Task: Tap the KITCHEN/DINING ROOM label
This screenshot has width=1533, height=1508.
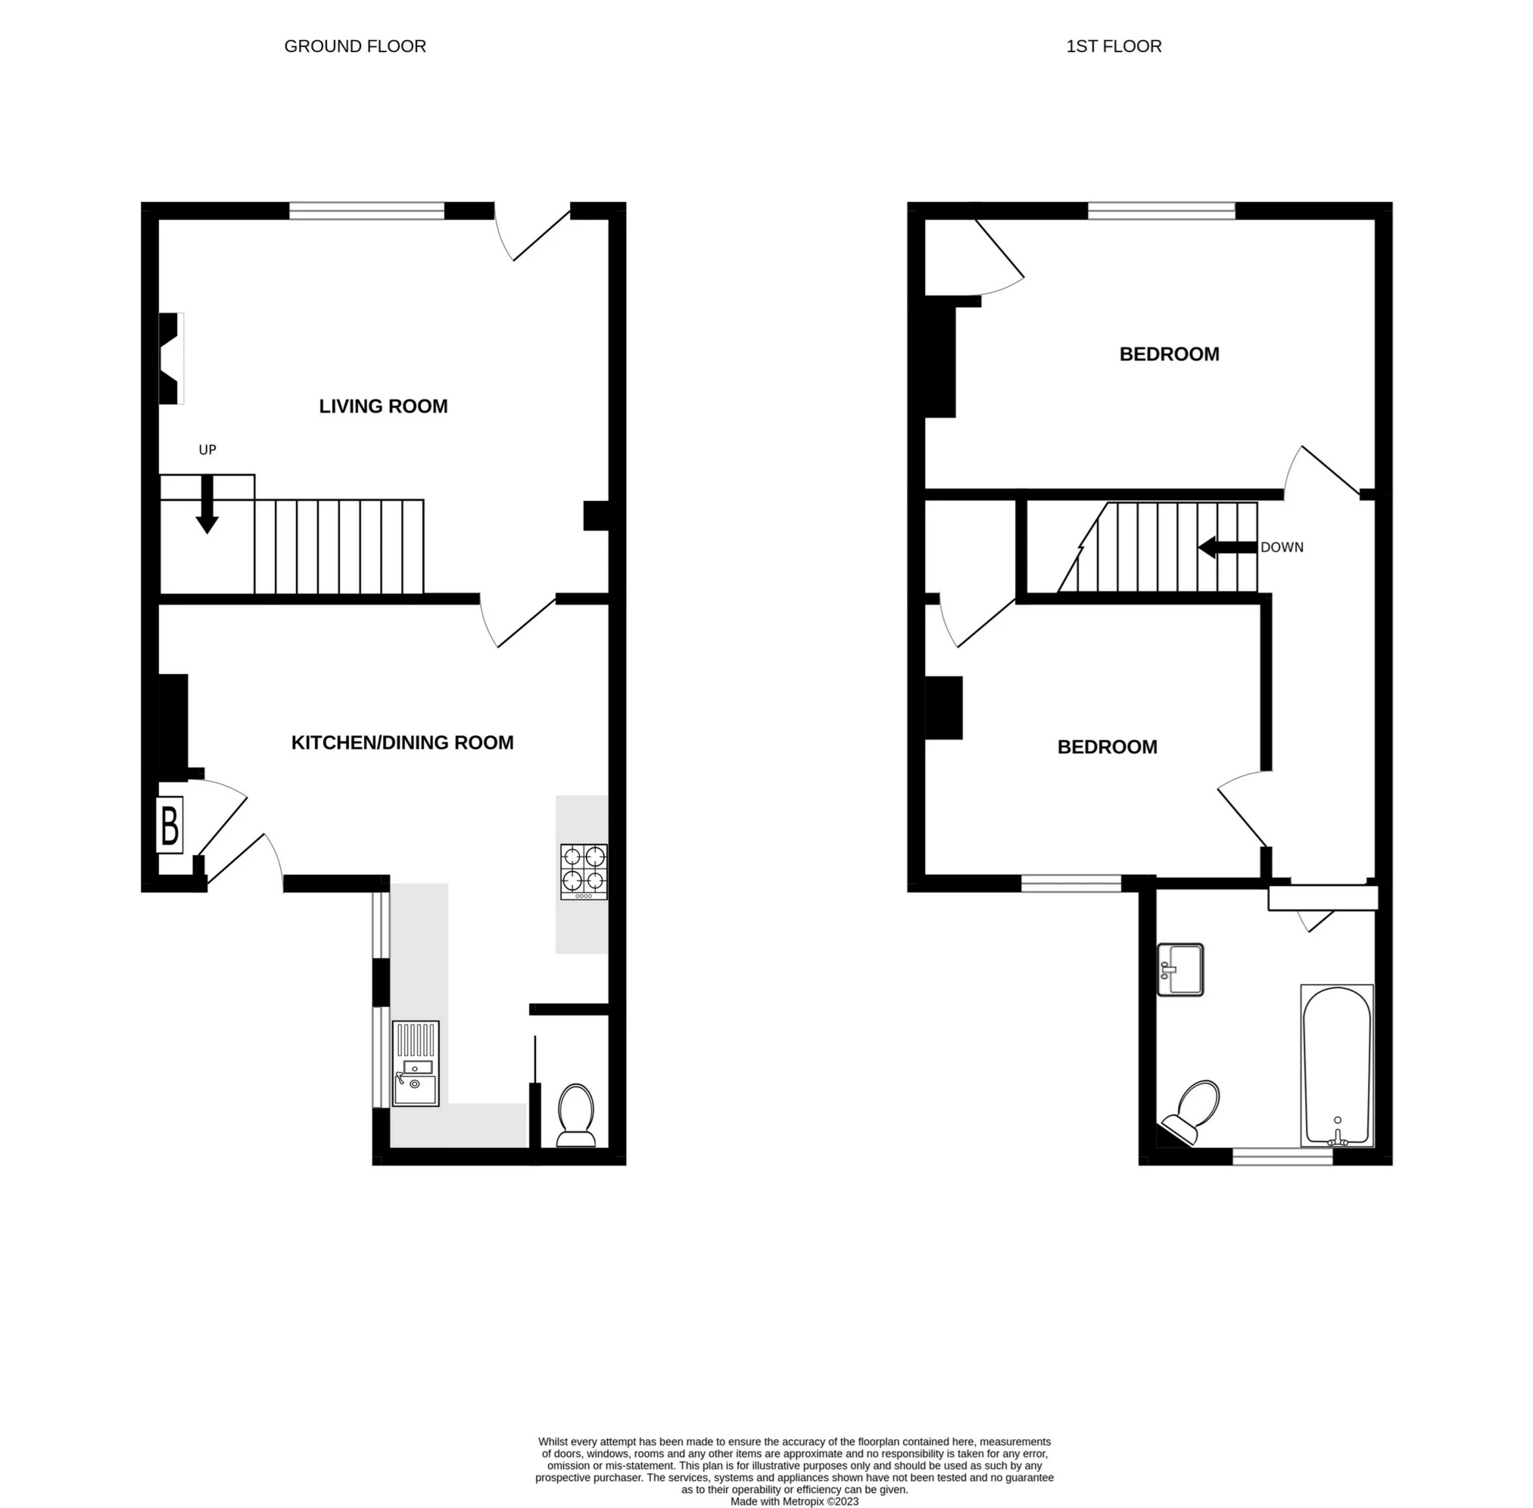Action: tap(403, 743)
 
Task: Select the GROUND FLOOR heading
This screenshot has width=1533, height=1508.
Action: tap(355, 47)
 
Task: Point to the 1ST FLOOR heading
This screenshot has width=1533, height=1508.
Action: tap(1113, 47)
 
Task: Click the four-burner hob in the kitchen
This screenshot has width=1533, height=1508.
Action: tap(584, 871)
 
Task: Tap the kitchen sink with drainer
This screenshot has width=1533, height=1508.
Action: tap(415, 1063)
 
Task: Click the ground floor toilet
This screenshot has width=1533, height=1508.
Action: tap(576, 1115)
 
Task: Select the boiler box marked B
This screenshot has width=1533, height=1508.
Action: tap(170, 825)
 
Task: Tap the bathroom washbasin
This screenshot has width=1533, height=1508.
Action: tap(1179, 969)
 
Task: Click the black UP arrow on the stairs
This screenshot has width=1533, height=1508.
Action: tap(207, 505)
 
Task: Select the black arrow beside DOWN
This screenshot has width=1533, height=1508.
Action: tap(1227, 547)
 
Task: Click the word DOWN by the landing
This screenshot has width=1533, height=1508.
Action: tap(1281, 547)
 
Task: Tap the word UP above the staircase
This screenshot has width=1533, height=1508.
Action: tap(207, 450)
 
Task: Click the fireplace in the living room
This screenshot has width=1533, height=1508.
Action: tap(171, 359)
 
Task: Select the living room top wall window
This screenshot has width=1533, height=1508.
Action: tap(367, 210)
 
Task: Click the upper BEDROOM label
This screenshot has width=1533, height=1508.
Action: tap(1169, 354)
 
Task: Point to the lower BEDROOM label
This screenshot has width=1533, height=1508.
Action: tap(1107, 747)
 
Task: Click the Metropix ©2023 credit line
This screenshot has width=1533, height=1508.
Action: tap(794, 1501)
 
